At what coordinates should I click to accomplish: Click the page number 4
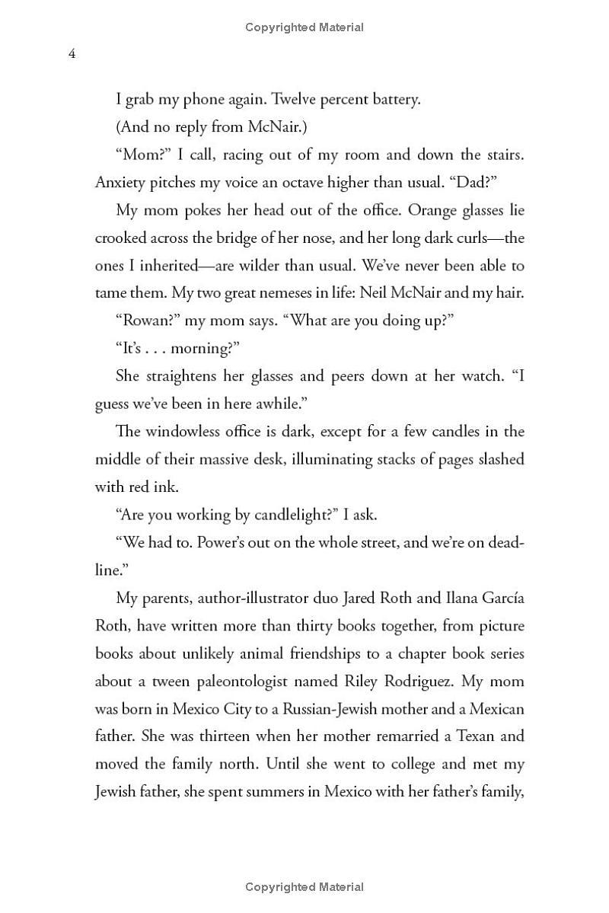(x=72, y=54)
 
